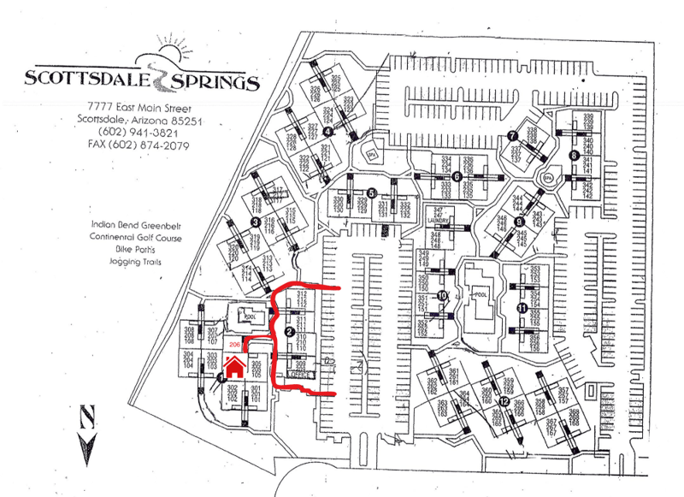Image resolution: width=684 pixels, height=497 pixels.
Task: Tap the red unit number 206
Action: click(235, 344)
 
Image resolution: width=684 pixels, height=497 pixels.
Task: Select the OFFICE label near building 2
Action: click(299, 375)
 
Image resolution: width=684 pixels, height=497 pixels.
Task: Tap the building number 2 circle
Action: click(289, 331)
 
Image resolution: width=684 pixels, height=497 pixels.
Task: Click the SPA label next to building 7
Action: click(547, 177)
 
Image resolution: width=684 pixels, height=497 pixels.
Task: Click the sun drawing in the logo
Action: click(168, 52)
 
